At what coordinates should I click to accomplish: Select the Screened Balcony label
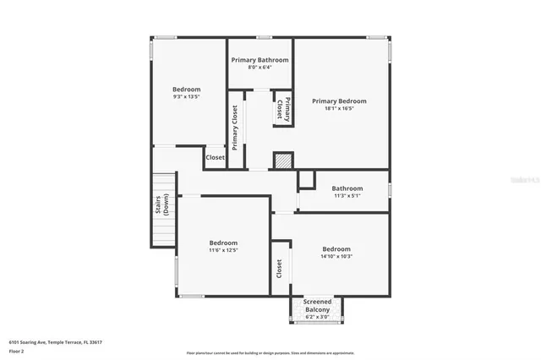click(x=318, y=305)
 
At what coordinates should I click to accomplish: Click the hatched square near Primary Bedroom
click(x=283, y=161)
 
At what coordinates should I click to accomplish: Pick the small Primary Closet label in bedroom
click(x=283, y=110)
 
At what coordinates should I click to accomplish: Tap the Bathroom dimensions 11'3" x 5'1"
click(x=347, y=195)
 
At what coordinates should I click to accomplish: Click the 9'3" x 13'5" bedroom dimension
click(x=186, y=96)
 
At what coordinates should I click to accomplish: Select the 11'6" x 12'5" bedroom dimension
click(x=223, y=249)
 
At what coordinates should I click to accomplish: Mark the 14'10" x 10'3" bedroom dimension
click(x=336, y=256)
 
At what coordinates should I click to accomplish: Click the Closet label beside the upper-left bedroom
click(x=216, y=157)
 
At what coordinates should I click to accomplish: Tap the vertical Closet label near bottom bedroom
click(x=279, y=269)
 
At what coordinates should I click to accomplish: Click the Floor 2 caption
click(x=16, y=350)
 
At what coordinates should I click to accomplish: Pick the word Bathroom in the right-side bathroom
click(x=347, y=188)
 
